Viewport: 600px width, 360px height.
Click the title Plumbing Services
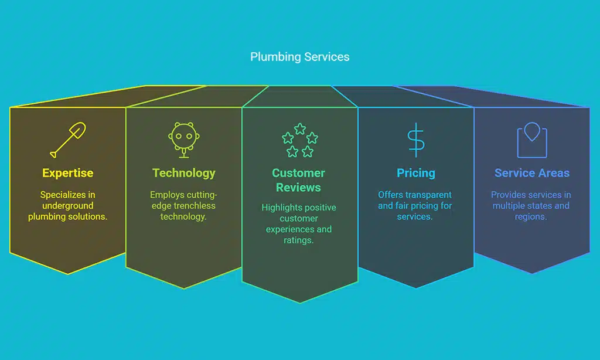pyautogui.click(x=299, y=57)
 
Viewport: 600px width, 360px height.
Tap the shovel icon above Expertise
pyautogui.click(x=67, y=140)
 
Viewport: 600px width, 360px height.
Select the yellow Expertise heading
pyautogui.click(x=67, y=173)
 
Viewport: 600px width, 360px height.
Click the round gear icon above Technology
pyautogui.click(x=183, y=138)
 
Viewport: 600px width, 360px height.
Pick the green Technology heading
pyautogui.click(x=183, y=173)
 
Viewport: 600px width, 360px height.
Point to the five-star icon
pyautogui.click(x=299, y=141)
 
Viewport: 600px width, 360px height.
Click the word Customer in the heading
pyautogui.click(x=298, y=173)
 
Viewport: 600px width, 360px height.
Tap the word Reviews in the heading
pyautogui.click(x=298, y=188)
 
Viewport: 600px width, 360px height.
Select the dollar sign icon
pyautogui.click(x=416, y=140)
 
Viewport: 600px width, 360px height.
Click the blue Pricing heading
pyautogui.click(x=416, y=173)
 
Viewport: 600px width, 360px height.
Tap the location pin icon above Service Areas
pyautogui.click(x=531, y=140)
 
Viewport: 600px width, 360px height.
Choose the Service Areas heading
pyautogui.click(x=531, y=173)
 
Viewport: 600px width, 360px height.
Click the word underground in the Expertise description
pyautogui.click(x=68, y=206)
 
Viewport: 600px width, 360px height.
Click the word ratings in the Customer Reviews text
pyautogui.click(x=298, y=240)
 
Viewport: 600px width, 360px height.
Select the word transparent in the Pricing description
pyautogui.click(x=431, y=195)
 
